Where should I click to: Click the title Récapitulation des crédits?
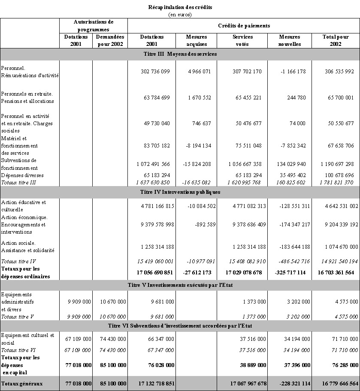coord(180,7)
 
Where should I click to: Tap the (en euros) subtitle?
coord(180,14)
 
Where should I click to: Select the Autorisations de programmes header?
coord(94,25)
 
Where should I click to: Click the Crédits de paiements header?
coord(244,25)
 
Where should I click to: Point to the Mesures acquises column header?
coord(197,40)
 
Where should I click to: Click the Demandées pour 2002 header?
coord(110,40)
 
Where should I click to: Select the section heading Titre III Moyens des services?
coord(180,54)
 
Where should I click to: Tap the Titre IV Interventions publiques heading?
coord(180,192)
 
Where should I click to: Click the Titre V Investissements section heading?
coord(180,285)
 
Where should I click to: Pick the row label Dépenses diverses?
coord(22,175)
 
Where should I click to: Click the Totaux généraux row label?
coord(22,384)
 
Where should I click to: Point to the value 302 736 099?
coord(155,72)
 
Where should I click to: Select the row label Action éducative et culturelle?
coord(24,206)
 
